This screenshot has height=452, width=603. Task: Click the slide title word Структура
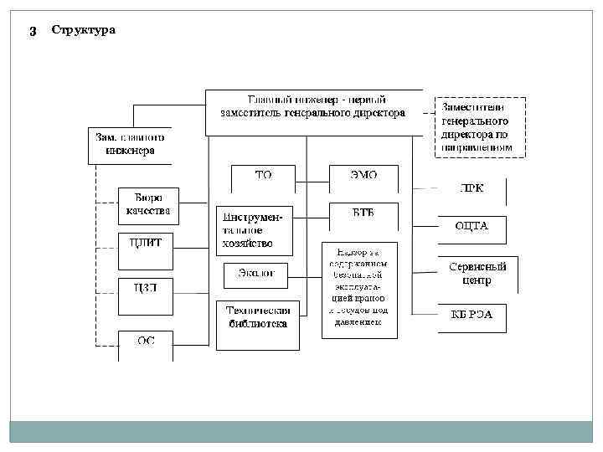(x=84, y=31)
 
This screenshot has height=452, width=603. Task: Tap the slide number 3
(x=32, y=31)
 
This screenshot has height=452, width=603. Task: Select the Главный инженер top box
(x=313, y=112)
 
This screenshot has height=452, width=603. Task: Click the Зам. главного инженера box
(x=130, y=144)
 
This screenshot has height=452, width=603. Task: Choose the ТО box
(x=263, y=177)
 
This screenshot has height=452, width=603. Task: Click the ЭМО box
(x=363, y=177)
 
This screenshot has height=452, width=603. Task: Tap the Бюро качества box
(x=147, y=204)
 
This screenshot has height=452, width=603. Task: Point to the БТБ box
(x=363, y=214)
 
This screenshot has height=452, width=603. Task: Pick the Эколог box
(x=255, y=274)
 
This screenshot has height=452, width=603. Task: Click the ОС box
(x=146, y=342)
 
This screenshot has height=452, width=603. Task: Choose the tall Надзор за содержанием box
(x=360, y=289)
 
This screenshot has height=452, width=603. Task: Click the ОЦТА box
(x=472, y=226)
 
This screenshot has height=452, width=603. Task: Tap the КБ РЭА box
(x=472, y=316)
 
